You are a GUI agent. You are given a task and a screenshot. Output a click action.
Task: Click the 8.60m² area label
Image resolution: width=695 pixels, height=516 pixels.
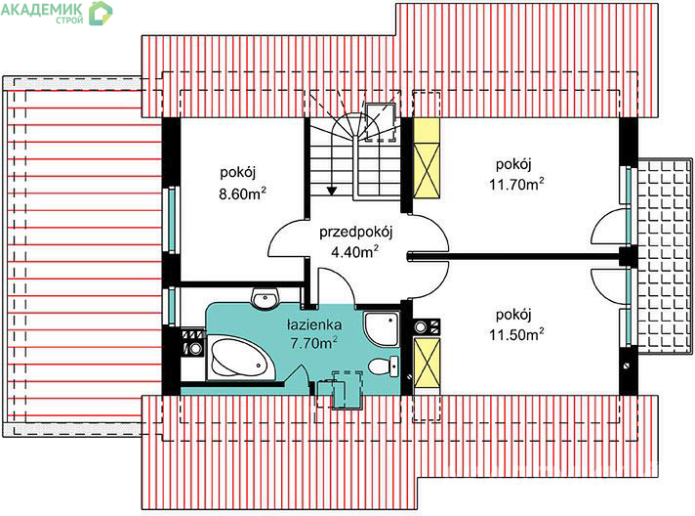click(242, 193)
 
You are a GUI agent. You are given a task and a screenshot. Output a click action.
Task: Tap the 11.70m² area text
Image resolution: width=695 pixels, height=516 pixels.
click(516, 184)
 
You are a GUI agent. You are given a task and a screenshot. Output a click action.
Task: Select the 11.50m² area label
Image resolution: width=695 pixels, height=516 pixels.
click(516, 333)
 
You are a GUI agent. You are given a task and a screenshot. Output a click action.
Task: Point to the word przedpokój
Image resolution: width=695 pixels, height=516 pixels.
click(356, 233)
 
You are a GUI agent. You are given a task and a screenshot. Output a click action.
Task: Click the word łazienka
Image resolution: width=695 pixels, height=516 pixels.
click(314, 324)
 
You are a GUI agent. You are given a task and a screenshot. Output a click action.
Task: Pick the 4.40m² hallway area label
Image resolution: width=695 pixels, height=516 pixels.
click(354, 251)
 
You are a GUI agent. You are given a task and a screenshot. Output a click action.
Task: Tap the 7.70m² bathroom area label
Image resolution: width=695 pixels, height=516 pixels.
click(313, 342)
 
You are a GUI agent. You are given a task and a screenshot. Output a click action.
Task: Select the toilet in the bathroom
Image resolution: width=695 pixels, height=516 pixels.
click(384, 366)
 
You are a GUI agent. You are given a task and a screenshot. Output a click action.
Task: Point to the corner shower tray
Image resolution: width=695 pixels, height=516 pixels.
click(382, 328)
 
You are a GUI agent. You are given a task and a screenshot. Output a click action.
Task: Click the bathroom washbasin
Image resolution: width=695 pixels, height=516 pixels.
click(266, 298)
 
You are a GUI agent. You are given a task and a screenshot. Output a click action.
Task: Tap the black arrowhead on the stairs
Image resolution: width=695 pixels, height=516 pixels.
click(332, 191)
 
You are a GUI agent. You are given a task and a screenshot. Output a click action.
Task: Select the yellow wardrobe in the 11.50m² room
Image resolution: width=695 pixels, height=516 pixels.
click(427, 363)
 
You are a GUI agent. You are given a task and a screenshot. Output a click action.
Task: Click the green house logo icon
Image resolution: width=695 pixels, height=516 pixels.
click(101, 13)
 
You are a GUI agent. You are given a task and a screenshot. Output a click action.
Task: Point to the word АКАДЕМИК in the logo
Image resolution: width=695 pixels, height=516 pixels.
click(42, 9)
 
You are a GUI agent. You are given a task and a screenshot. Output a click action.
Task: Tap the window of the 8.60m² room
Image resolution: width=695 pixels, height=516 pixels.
click(172, 220)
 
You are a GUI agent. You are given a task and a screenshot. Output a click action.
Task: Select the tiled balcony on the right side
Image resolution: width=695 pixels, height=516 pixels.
click(664, 255)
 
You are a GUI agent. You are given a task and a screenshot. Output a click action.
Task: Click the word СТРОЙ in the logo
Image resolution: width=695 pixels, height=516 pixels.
click(69, 20)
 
